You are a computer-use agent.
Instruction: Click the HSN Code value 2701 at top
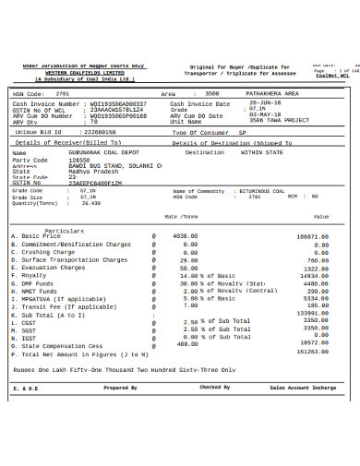pos(62,94)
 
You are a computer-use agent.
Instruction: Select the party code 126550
pos(79,160)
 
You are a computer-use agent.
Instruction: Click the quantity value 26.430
pos(90,203)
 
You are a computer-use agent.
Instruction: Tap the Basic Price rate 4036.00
pos(186,236)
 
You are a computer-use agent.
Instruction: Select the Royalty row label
pos(33,275)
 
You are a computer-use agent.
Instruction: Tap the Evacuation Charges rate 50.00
pos(189,268)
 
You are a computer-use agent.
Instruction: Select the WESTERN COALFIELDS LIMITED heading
pos(84,73)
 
